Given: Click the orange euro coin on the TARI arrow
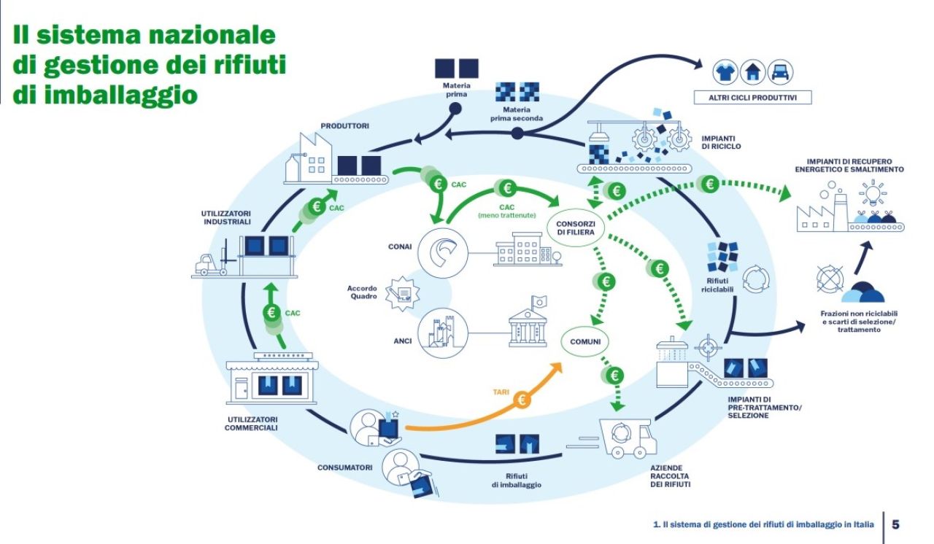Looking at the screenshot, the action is [522, 400].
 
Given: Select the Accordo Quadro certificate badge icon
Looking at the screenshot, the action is [402, 293].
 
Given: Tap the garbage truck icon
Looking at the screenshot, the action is [628, 438].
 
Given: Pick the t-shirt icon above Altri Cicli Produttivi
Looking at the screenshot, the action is [725, 72].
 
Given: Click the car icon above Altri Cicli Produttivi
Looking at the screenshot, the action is [780, 72].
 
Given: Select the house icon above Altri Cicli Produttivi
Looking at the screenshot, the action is [752, 72].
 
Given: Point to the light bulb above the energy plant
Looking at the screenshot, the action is [873, 193].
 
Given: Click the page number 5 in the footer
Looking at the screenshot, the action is [895, 524].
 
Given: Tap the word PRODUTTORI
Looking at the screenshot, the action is [345, 126].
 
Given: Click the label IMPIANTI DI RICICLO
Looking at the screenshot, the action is [721, 142].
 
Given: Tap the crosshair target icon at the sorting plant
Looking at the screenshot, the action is [708, 347].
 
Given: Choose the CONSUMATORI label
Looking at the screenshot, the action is [345, 467].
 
